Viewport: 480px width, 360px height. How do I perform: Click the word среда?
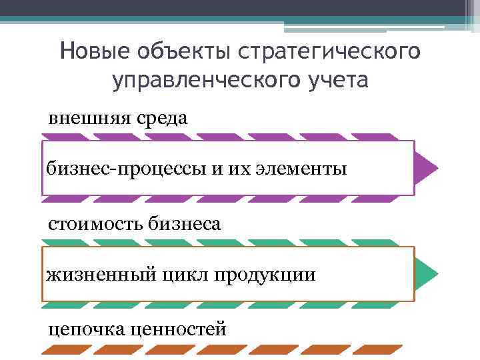(x=161, y=119)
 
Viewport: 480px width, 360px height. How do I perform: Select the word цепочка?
(x=83, y=329)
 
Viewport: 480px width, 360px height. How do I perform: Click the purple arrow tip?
(x=426, y=167)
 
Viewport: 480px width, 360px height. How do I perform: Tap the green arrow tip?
(x=426, y=273)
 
